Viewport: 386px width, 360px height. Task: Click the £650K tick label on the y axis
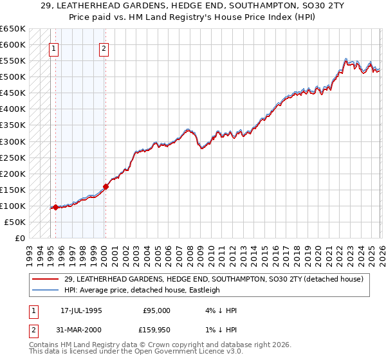(13, 29)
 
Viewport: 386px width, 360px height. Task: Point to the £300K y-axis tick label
(13, 141)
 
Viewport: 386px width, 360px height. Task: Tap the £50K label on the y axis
(15, 222)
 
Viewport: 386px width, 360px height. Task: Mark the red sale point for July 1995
(55, 207)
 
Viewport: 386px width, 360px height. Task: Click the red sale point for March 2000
(106, 186)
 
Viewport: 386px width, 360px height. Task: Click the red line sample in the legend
(46, 279)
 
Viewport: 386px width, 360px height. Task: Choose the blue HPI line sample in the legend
(46, 290)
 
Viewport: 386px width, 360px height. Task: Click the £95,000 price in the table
(156, 310)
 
